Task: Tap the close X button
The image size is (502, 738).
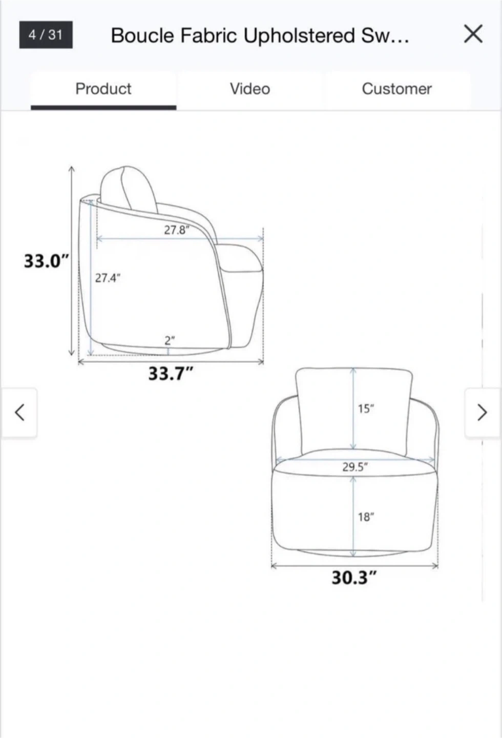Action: (473, 34)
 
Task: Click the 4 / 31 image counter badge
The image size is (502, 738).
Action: (46, 35)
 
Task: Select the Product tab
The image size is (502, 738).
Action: (103, 89)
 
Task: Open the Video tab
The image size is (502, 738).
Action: (250, 89)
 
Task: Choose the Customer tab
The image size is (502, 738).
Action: (396, 89)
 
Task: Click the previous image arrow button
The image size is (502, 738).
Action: (19, 413)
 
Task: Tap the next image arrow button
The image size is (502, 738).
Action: (483, 413)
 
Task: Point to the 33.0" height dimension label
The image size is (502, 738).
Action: (47, 261)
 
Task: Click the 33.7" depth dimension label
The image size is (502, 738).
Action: (171, 373)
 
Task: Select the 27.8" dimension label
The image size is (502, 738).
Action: (177, 230)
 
